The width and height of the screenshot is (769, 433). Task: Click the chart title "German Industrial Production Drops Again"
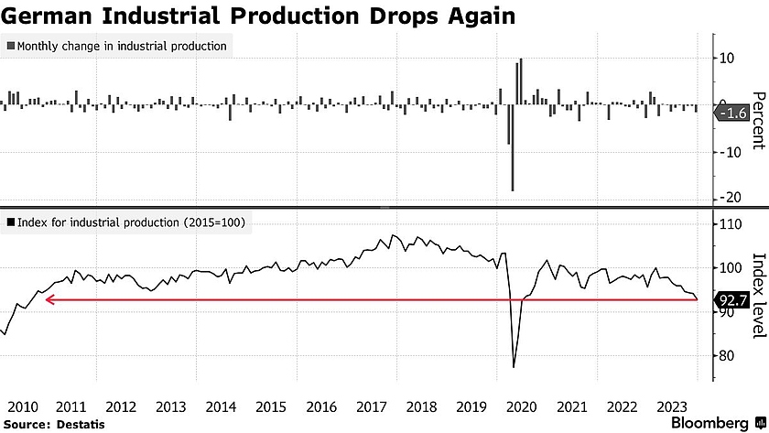click(259, 16)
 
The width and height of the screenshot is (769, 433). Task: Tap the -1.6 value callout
click(735, 114)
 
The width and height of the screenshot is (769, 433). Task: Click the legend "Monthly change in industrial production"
click(116, 46)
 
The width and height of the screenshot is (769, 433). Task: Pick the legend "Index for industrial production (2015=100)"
click(125, 222)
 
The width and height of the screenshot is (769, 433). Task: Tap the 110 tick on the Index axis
click(730, 224)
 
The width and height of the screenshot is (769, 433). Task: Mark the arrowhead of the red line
click(49, 299)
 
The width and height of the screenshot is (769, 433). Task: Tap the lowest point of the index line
click(514, 366)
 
